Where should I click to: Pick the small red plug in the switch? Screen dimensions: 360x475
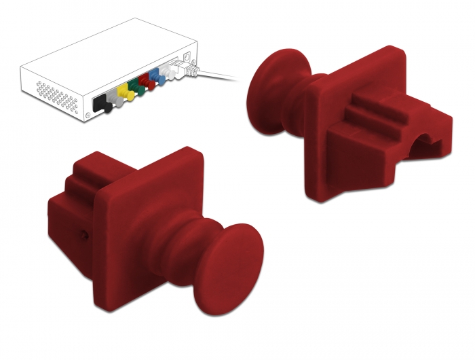tap(145, 84)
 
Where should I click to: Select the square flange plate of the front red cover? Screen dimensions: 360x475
tap(129, 204)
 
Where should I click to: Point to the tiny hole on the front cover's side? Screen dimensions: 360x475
tap(83, 234)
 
